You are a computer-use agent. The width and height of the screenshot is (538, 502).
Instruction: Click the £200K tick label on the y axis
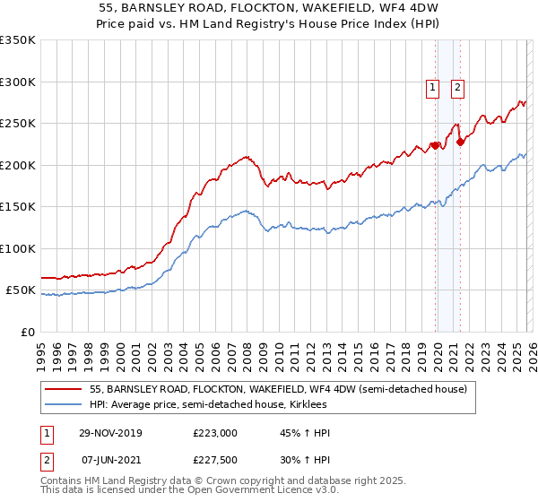click(17, 165)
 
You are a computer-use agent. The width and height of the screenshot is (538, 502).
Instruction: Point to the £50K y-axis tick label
click(21, 290)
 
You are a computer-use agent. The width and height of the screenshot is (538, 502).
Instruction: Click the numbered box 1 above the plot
click(432, 88)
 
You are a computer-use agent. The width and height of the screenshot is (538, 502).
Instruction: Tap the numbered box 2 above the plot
click(457, 88)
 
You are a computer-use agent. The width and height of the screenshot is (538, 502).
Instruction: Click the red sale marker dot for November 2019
click(434, 145)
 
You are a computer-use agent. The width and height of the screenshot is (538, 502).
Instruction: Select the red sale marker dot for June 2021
click(459, 142)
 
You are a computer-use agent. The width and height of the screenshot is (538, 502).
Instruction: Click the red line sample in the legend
click(64, 389)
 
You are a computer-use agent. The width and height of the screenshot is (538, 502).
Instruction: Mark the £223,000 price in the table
click(215, 433)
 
